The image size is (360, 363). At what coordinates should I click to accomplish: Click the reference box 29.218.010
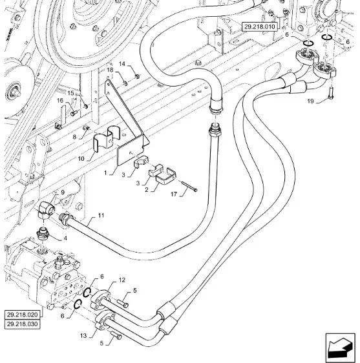click(259, 26)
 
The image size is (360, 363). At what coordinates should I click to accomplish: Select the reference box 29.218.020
click(22, 315)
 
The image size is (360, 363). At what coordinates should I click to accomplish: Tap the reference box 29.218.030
click(22, 324)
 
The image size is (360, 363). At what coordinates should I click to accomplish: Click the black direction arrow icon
click(340, 347)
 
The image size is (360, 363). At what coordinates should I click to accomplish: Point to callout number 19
click(310, 101)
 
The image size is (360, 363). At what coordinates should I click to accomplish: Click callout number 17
click(174, 194)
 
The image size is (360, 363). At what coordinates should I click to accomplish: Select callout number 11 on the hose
click(101, 216)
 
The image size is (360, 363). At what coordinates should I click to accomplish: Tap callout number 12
click(122, 280)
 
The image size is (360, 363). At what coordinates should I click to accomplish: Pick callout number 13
click(83, 335)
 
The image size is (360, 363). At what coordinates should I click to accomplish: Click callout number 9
click(63, 192)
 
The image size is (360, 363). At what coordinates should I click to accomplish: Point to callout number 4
click(65, 238)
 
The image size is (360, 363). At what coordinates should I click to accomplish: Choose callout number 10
click(81, 159)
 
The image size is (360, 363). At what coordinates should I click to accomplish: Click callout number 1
click(105, 172)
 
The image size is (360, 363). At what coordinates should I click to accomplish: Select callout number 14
click(122, 64)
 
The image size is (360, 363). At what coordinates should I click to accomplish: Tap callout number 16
click(59, 101)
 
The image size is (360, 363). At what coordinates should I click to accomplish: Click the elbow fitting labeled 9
click(46, 210)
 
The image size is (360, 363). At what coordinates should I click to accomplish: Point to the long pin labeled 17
click(189, 187)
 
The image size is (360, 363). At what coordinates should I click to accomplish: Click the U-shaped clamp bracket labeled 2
click(166, 176)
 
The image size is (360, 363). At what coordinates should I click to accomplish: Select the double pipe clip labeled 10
click(107, 139)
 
